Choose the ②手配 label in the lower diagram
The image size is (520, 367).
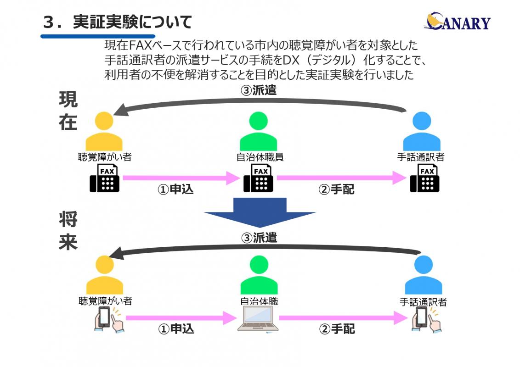(x=337, y=329)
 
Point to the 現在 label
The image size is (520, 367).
(x=68, y=111)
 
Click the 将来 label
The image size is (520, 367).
(x=68, y=231)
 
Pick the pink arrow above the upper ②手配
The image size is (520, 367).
(x=335, y=178)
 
